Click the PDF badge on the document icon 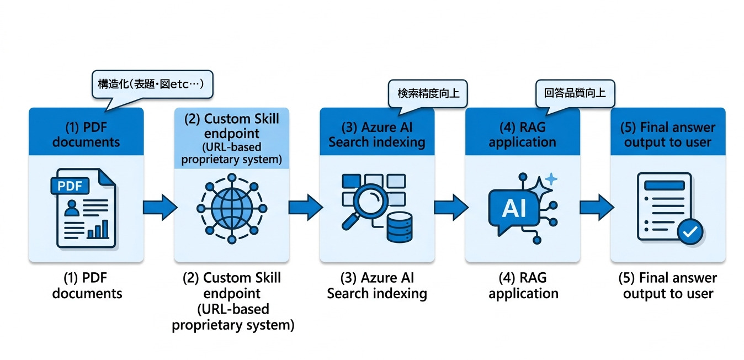pos(70,186)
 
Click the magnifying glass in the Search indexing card pos(366,205)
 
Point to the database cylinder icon pos(399,226)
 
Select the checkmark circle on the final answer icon pos(689,232)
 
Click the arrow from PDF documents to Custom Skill pos(160,208)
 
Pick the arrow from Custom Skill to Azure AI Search pos(305,208)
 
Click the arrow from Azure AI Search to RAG pos(450,208)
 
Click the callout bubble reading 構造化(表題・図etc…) pos(152,86)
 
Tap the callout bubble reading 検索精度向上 pos(428,93)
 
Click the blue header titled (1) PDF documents pos(86,134)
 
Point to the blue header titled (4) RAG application pos(522,134)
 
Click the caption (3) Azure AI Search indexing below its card pos(377,285)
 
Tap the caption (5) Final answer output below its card pos(668,285)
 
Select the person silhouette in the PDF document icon pos(71,208)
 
